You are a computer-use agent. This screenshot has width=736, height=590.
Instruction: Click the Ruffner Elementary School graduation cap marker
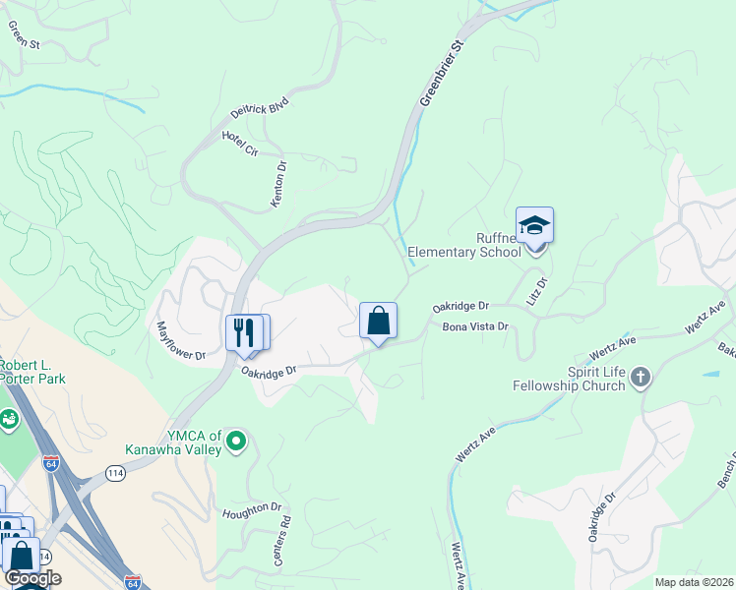(x=534, y=226)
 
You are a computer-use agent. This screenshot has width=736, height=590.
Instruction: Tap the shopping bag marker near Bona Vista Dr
(x=378, y=322)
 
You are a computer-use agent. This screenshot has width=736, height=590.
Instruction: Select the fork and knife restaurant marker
(x=245, y=332)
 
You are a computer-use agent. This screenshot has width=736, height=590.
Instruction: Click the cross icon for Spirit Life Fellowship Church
(x=641, y=377)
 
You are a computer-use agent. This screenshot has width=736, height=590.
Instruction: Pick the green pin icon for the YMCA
(x=235, y=443)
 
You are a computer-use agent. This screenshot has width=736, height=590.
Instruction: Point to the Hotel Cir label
(x=239, y=143)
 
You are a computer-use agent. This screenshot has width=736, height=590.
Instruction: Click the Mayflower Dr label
(x=181, y=340)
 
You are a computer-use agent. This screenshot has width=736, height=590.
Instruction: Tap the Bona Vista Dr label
(x=474, y=327)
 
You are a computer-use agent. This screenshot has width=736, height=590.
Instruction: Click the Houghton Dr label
(x=252, y=510)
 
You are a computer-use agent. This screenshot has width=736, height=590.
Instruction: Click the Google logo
(x=32, y=578)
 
